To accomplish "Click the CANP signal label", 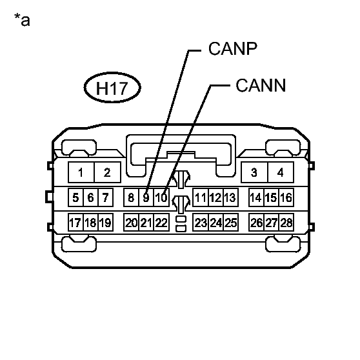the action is click(x=232, y=48).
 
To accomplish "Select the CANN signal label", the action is click(x=261, y=85).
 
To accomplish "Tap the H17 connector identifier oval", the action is click(x=112, y=88).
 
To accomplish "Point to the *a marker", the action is click(x=22, y=20).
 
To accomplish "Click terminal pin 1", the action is click(x=81, y=172).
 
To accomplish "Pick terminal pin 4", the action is click(x=281, y=172).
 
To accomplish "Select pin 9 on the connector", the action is click(x=146, y=197).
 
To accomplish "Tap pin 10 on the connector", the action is click(x=161, y=197).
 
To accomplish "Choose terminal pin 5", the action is click(x=75, y=197).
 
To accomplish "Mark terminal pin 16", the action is click(x=286, y=197).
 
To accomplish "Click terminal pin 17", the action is click(x=75, y=223).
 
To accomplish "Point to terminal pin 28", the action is click(x=286, y=223).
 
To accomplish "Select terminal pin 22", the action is click(x=161, y=223).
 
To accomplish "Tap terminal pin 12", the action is click(x=216, y=197).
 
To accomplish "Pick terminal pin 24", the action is click(x=216, y=223).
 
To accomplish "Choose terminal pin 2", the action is click(x=108, y=172).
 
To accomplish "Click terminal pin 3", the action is click(x=254, y=172).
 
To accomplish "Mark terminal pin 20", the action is click(x=132, y=223).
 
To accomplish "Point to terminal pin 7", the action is click(x=106, y=197).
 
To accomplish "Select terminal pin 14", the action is click(x=256, y=197).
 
